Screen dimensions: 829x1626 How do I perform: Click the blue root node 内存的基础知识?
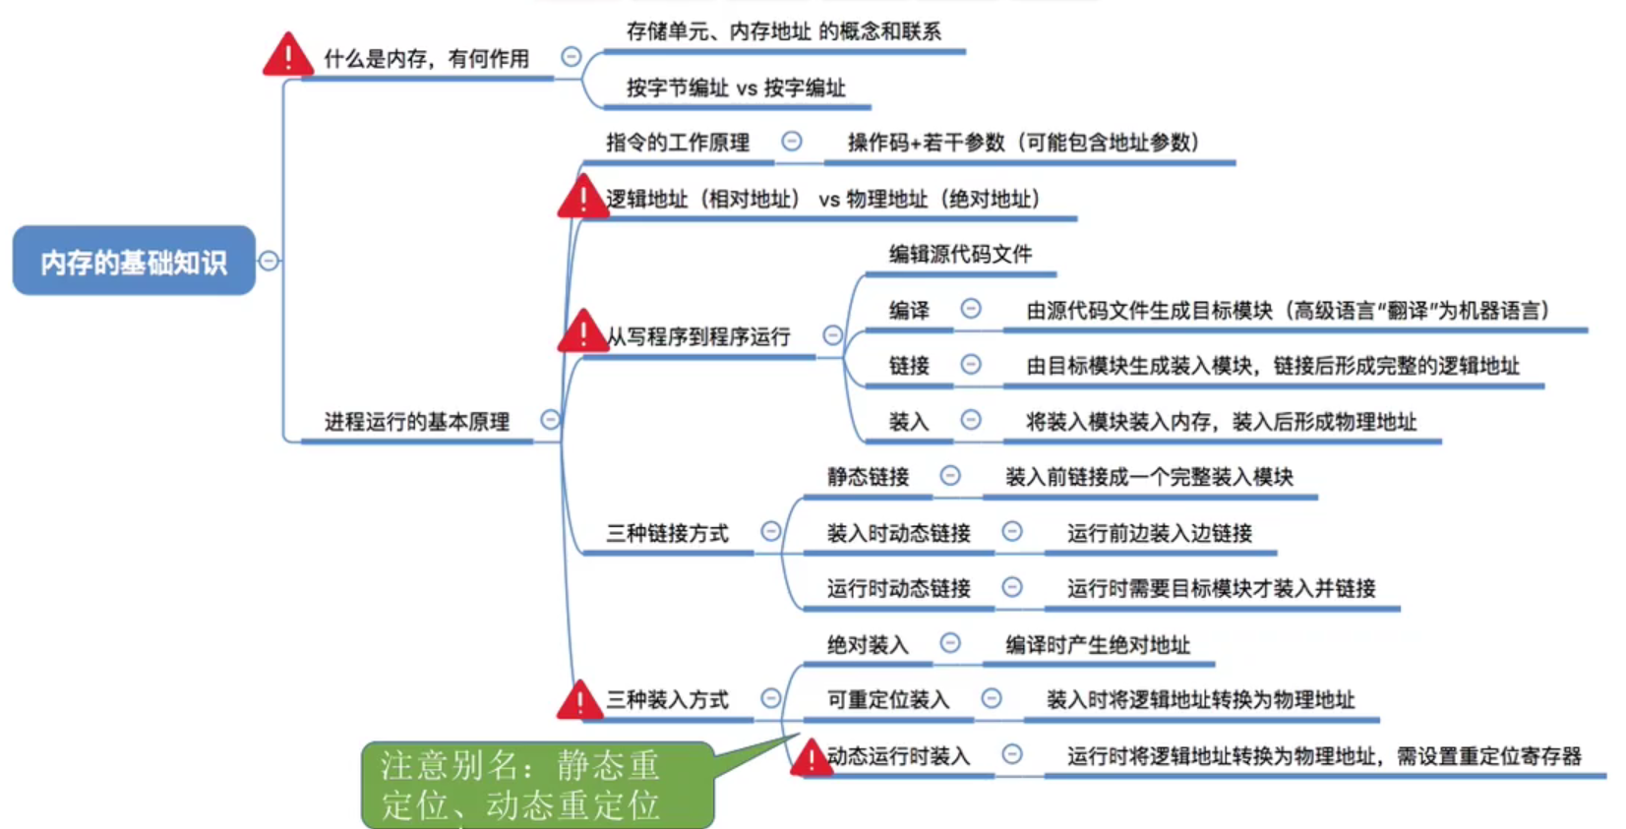pyautogui.click(x=134, y=262)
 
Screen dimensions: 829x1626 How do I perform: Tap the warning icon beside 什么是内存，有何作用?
pyautogui.click(x=287, y=56)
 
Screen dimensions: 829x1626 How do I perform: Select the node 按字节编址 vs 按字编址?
pyautogui.click(x=736, y=89)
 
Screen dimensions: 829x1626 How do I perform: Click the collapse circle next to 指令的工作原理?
pyautogui.click(x=791, y=142)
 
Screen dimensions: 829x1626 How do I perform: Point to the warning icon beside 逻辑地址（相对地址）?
pyautogui.click(x=582, y=198)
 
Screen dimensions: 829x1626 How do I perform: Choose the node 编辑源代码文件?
pyautogui.click(x=960, y=255)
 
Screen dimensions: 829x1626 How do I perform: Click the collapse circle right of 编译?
pyautogui.click(x=971, y=310)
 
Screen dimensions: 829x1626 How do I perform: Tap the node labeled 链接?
pyautogui.click(x=909, y=366)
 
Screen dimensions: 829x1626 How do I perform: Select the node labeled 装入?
pyautogui.click(x=909, y=422)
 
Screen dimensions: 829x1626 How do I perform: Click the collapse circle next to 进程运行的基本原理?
pyautogui.click(x=550, y=420)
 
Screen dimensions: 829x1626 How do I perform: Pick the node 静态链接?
pyautogui.click(x=868, y=477)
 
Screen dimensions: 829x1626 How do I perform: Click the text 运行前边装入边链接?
pyautogui.click(x=1159, y=533)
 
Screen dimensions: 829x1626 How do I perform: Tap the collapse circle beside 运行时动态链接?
pyautogui.click(x=1011, y=587)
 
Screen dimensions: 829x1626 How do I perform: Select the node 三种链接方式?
pyautogui.click(x=667, y=533)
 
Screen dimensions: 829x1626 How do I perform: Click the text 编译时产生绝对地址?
pyautogui.click(x=1097, y=645)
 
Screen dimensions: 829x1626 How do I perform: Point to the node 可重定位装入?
pyautogui.click(x=887, y=699)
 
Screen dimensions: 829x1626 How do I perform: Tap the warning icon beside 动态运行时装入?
pyautogui.click(x=811, y=758)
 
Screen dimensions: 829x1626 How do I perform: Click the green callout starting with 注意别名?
pyautogui.click(x=537, y=785)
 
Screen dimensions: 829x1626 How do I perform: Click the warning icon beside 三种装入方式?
pyautogui.click(x=580, y=700)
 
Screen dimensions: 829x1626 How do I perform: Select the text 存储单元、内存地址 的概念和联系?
pyautogui.click(x=783, y=31)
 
